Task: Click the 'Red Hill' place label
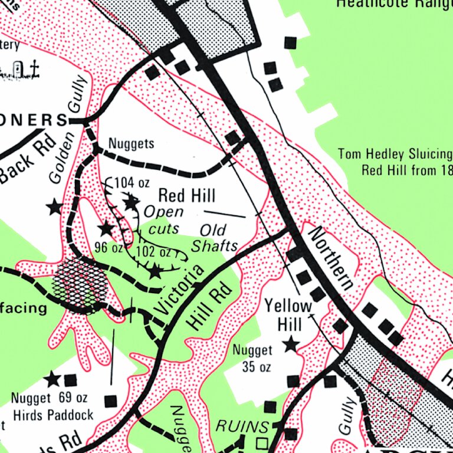click(x=186, y=195)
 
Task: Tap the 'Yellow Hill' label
click(x=288, y=315)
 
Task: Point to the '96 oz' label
click(x=109, y=247)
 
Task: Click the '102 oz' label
click(x=153, y=252)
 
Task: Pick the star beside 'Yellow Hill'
click(x=290, y=344)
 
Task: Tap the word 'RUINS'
click(x=234, y=426)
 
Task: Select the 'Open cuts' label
click(x=163, y=219)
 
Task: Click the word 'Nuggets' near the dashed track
click(x=132, y=143)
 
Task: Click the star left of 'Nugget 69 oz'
click(x=52, y=379)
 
